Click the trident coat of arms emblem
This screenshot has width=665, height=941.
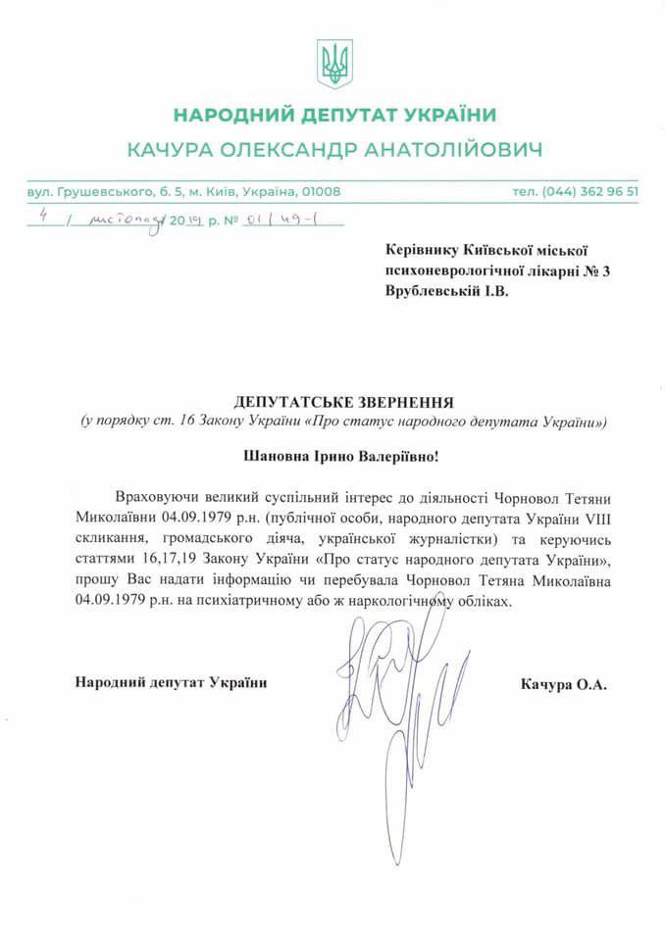[x=333, y=63]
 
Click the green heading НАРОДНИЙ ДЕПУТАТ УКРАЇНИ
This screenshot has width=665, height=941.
[x=332, y=116]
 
